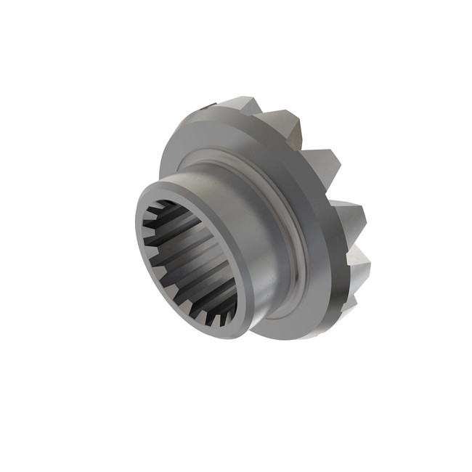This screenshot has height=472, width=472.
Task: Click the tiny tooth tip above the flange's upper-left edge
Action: (x=204, y=109)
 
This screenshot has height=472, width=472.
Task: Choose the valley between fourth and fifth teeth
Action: (x=352, y=243)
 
